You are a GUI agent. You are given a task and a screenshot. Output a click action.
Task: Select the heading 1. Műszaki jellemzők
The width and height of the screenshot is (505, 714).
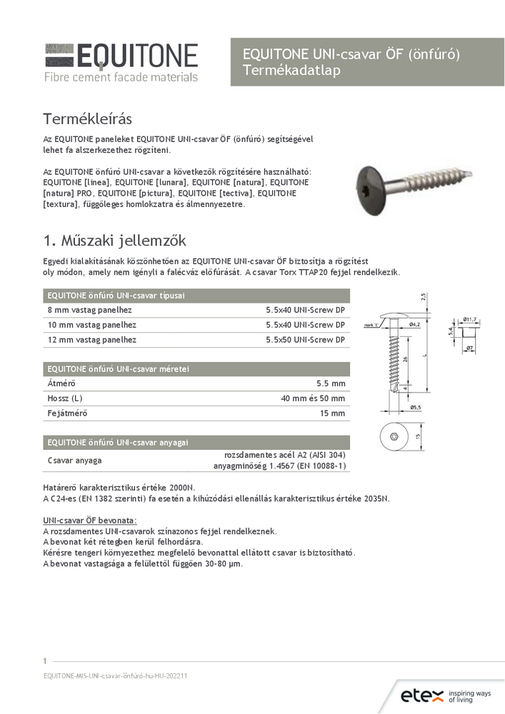(115, 240)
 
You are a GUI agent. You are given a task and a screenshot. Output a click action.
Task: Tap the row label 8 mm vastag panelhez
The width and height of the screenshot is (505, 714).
(89, 311)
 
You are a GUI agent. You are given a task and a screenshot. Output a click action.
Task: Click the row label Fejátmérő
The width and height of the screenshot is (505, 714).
(67, 413)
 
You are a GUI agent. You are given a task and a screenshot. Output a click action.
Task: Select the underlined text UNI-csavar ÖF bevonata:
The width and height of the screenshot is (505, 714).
(89, 521)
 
